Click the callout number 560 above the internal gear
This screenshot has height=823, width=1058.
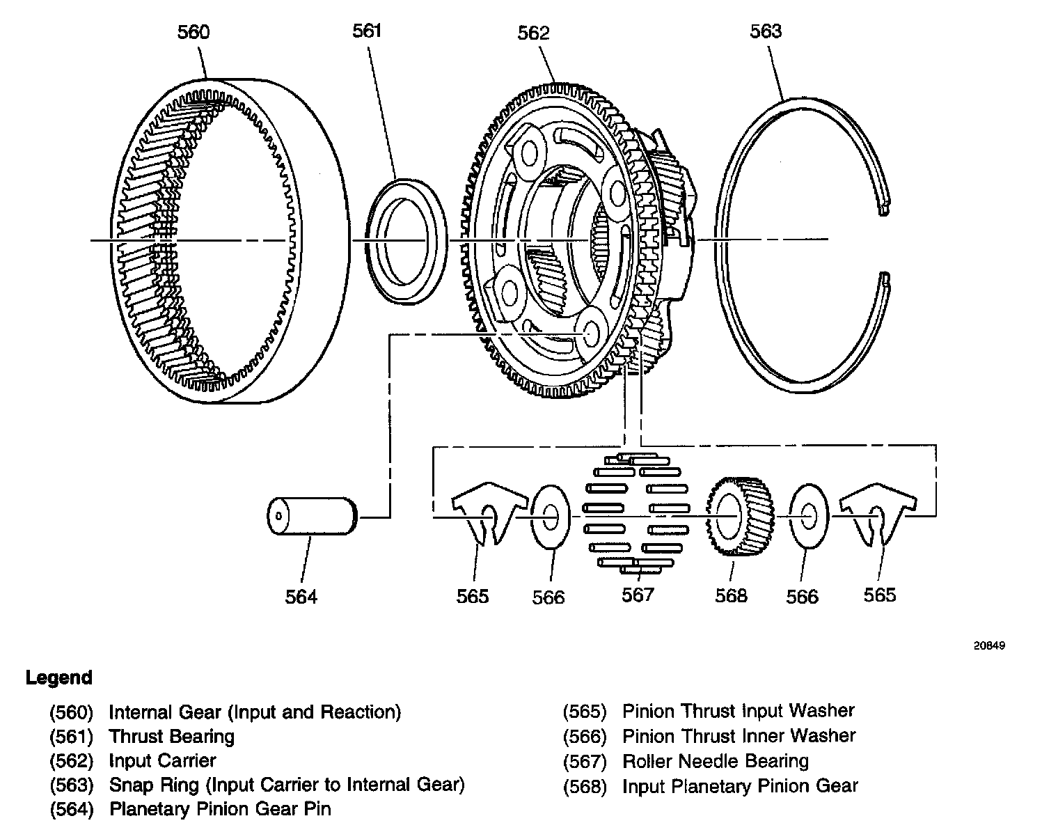[x=194, y=33]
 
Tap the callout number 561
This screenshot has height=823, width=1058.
[x=368, y=31]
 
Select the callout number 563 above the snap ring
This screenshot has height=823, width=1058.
[x=766, y=31]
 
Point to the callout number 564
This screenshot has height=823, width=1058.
[x=301, y=597]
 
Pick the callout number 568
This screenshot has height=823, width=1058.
[x=731, y=595]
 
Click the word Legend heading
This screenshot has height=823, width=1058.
[x=58, y=677]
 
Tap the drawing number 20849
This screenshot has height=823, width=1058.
[x=989, y=645]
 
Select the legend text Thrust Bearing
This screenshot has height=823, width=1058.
[x=171, y=736]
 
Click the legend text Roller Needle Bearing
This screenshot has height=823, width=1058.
[x=716, y=761]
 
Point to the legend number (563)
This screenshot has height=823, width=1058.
[x=72, y=785]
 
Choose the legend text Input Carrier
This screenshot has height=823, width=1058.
[x=162, y=760]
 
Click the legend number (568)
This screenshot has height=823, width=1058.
[x=585, y=786]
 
